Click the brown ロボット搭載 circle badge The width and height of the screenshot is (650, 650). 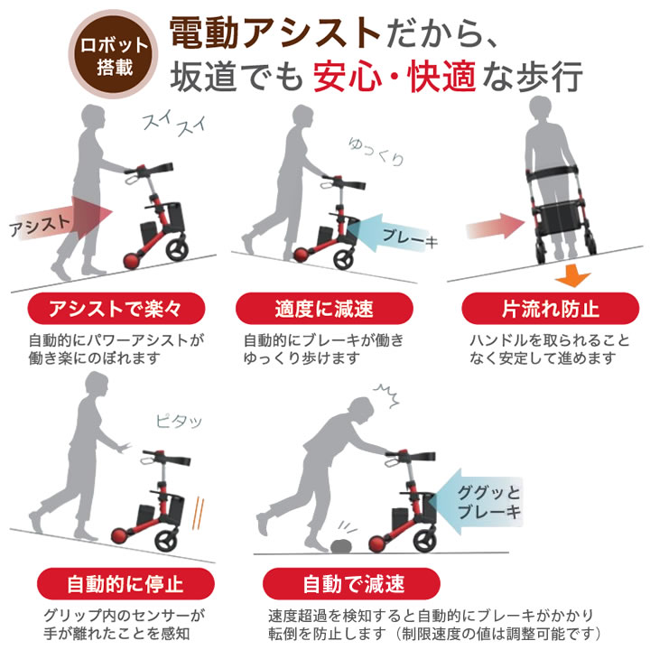click(113, 54)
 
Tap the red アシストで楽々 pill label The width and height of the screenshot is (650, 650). click(116, 309)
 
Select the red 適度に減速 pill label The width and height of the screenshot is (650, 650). click(324, 309)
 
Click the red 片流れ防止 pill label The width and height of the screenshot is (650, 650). click(550, 309)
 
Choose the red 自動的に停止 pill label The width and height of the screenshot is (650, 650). click(125, 584)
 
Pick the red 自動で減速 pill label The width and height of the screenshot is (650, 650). click(351, 584)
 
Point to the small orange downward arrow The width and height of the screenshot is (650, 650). click(572, 275)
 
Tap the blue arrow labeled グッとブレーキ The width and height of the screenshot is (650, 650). click(475, 502)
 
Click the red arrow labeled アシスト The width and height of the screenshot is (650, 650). click(62, 218)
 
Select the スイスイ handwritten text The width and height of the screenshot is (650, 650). click(174, 124)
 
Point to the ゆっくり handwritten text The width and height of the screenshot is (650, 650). click(376, 152)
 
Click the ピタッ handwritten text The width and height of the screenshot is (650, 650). click(179, 422)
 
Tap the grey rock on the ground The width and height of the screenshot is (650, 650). click(341, 546)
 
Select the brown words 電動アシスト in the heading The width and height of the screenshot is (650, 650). click(275, 32)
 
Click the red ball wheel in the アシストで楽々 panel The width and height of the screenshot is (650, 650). click(133, 261)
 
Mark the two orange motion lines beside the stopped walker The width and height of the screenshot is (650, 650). click(198, 513)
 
